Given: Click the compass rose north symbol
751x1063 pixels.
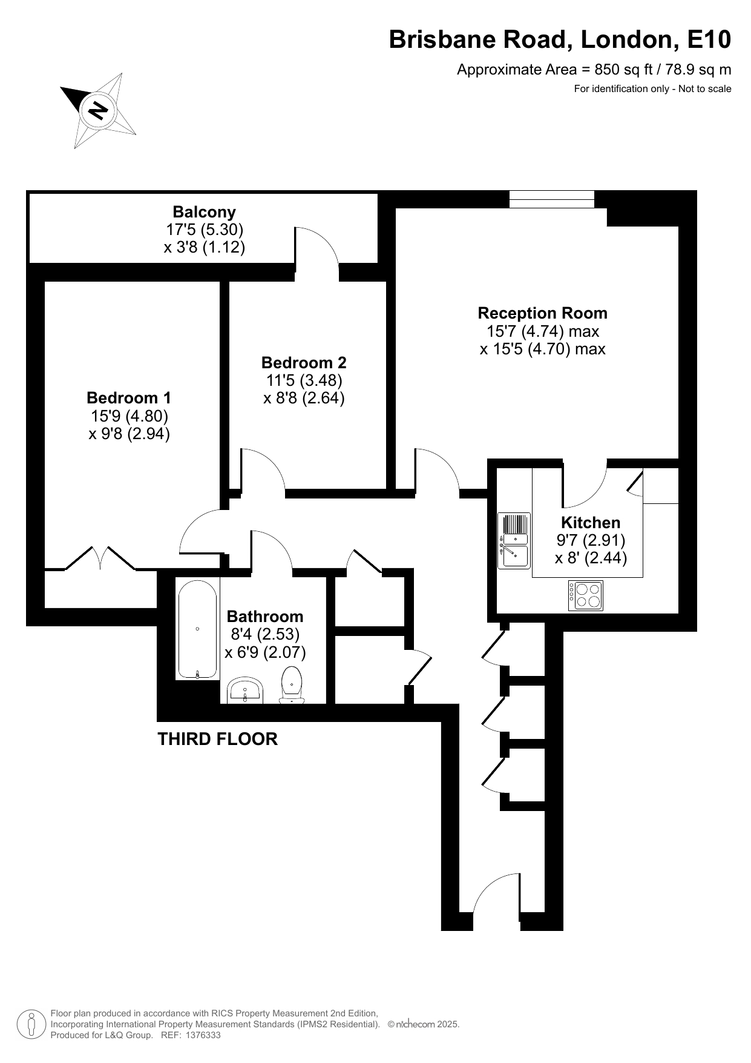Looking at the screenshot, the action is (97, 111).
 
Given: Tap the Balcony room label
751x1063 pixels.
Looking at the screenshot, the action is (204, 212).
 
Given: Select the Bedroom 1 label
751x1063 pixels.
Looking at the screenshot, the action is (129, 398).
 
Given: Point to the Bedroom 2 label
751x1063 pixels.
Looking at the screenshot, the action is (304, 363).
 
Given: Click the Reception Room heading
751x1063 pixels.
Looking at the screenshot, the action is (542, 313).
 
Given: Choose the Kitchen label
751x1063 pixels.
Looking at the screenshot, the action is (591, 522).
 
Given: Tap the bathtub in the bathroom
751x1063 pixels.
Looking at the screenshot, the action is (197, 629).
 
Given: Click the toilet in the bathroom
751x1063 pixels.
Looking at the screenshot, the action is (292, 685).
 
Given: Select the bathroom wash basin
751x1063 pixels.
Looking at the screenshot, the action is (245, 691).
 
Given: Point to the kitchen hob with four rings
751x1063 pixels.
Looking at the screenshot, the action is (586, 595).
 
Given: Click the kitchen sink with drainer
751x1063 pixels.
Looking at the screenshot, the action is (514, 540).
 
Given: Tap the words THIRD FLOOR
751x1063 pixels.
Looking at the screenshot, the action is (218, 739).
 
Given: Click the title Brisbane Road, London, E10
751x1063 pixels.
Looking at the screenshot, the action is (560, 40).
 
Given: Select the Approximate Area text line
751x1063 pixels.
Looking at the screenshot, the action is (594, 70).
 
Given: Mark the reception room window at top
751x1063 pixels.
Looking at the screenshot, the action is (551, 199).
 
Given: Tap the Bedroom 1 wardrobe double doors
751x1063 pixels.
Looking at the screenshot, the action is (100, 558).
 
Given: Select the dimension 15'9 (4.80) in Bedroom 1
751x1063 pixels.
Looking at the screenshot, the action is (130, 416).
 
